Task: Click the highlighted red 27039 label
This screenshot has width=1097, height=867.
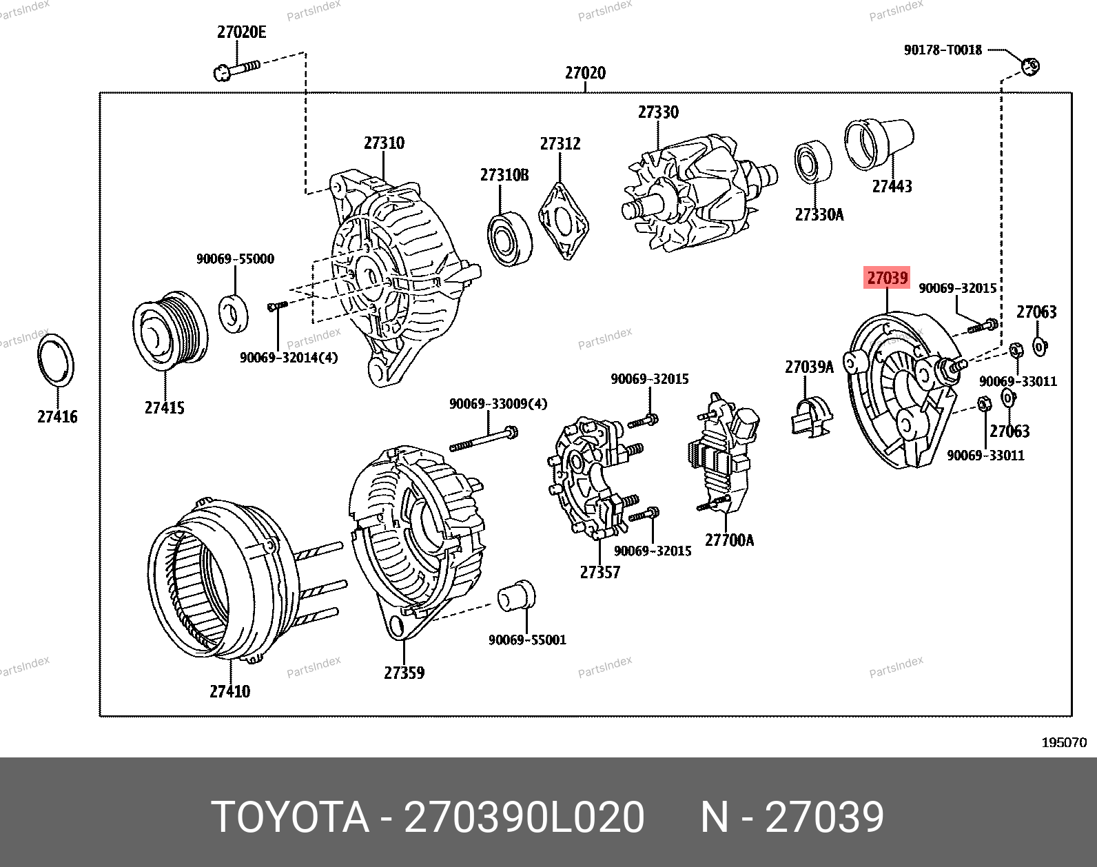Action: [888, 278]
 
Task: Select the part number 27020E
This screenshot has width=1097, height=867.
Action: [241, 32]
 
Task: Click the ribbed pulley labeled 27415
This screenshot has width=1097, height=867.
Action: [170, 331]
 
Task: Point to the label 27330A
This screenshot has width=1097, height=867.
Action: [819, 214]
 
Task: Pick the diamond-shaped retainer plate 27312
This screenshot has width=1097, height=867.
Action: [564, 222]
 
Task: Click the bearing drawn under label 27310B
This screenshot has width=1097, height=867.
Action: [509, 238]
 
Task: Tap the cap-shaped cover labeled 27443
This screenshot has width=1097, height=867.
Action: [879, 143]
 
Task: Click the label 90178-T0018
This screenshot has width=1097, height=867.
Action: [943, 50]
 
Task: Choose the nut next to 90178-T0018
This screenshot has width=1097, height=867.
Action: [1030, 66]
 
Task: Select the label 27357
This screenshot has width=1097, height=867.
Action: [599, 572]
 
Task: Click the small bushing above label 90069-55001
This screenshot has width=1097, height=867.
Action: [516, 595]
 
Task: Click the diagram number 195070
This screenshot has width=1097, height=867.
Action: [1064, 742]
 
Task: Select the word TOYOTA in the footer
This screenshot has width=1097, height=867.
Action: [290, 817]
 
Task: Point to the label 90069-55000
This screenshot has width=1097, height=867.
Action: [235, 258]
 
